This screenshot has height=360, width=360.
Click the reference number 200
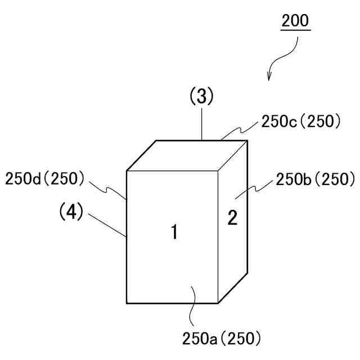pos(295,21)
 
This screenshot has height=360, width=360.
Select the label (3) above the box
pos(201,97)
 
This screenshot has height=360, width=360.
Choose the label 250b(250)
pos(315,179)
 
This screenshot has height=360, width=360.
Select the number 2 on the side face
pos(232,217)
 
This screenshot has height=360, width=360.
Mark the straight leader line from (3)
pos(201,123)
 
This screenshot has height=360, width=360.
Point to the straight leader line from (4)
pos(106,225)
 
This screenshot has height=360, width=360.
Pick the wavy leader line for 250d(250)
pos(107,187)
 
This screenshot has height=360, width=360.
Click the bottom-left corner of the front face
pos(127,303)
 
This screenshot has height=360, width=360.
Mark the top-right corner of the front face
pos(218,170)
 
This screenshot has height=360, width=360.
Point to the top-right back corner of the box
pos(247,141)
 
